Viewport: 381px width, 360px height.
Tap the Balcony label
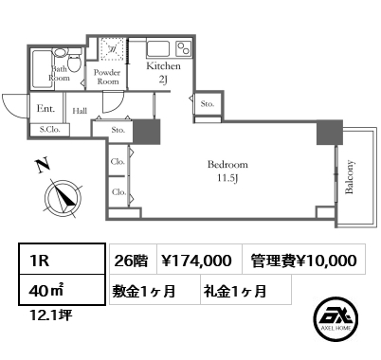(350, 176)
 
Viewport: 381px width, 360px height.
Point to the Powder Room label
(107, 77)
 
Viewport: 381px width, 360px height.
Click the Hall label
(80, 110)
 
